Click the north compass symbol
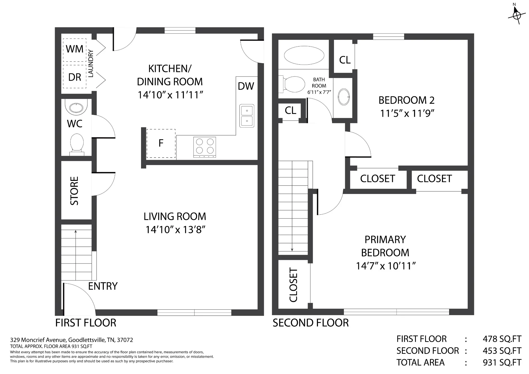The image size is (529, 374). (x=517, y=14)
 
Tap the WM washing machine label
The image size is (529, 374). (x=75, y=49)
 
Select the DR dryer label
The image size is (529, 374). (x=75, y=77)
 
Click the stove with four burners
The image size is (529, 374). (x=205, y=147)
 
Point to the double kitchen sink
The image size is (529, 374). (x=247, y=116)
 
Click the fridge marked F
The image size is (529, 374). (x=161, y=143)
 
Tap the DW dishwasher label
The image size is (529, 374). (x=246, y=86)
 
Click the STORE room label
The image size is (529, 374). (x=74, y=191)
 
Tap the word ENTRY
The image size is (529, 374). (x=103, y=286)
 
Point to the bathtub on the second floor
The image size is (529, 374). (x=304, y=55)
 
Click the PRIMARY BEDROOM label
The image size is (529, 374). (x=385, y=246)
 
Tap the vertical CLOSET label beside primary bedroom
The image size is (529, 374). (x=293, y=285)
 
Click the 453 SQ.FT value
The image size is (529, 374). (x=502, y=351)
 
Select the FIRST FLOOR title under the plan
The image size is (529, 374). (x=86, y=323)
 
